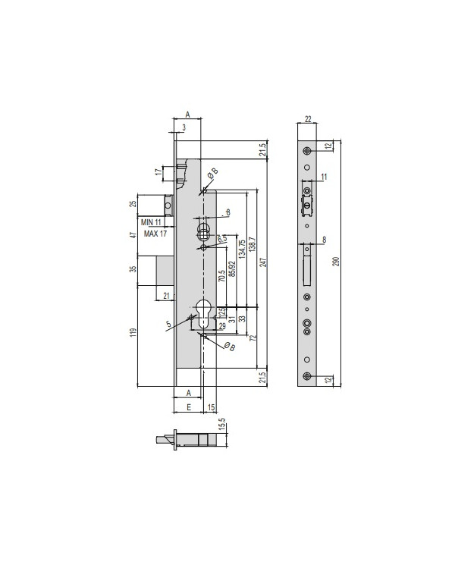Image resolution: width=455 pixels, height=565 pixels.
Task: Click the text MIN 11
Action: coord(150,222)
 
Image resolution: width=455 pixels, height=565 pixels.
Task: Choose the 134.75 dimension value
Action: coord(241,249)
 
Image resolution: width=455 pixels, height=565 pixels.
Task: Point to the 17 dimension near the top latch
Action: coord(159,172)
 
